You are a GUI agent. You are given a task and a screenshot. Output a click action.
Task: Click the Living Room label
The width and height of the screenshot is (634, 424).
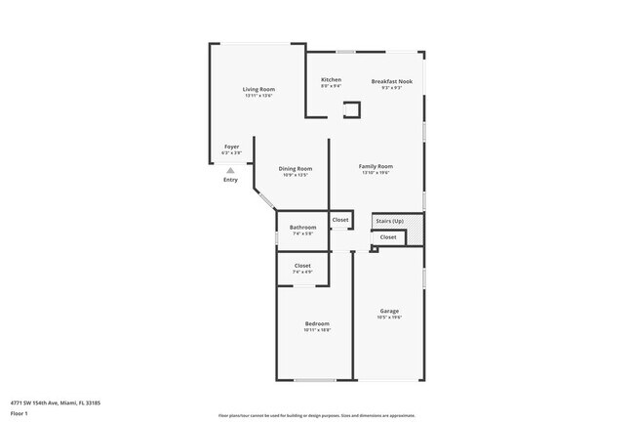click(258, 89)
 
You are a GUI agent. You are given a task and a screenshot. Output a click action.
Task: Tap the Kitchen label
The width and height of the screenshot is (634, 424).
click(332, 79)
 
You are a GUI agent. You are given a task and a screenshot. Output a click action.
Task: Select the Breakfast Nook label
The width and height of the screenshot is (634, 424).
click(391, 81)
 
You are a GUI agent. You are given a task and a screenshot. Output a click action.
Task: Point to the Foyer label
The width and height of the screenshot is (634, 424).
click(231, 147)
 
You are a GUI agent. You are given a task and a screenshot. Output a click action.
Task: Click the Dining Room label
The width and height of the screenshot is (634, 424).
click(296, 168)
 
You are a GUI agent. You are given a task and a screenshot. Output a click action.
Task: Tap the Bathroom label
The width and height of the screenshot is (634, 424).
click(302, 228)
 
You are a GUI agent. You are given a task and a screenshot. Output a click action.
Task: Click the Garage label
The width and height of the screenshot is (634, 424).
click(389, 311)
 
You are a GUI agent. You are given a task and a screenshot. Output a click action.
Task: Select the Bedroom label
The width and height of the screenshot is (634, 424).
click(317, 323)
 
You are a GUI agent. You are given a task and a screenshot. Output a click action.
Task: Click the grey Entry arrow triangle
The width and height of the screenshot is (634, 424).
click(230, 169)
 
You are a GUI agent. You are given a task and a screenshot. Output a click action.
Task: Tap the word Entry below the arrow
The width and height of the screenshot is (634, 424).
click(230, 180)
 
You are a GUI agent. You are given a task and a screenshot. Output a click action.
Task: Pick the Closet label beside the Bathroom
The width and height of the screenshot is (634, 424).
click(340, 220)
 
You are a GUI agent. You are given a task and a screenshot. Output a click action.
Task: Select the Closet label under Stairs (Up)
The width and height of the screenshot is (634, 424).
click(388, 237)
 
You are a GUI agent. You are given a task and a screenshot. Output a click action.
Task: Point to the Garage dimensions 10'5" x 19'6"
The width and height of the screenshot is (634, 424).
click(389, 318)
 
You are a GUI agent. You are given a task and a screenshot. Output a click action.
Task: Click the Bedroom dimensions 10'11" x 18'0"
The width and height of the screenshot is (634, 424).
click(317, 330)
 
